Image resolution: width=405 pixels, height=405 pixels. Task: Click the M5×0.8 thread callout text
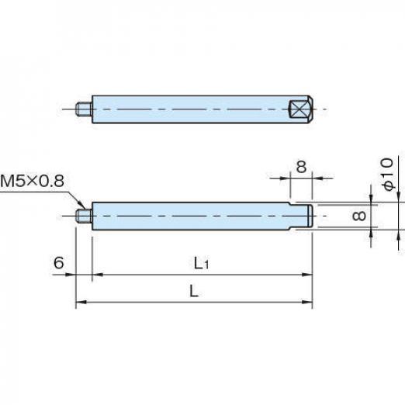click(32, 181)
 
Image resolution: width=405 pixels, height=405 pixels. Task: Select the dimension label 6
click(59, 262)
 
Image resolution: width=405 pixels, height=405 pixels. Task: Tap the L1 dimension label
click(201, 264)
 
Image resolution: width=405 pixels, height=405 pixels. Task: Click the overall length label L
click(194, 291)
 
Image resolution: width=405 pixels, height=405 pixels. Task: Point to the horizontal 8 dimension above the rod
click(301, 167)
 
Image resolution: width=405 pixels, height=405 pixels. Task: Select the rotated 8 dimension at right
click(359, 216)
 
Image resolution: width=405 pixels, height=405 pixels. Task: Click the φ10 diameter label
click(387, 174)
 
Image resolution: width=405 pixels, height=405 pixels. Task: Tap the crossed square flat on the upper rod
click(299, 109)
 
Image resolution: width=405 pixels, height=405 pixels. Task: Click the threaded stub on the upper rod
click(84, 109)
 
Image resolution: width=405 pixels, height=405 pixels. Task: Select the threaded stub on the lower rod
click(84, 216)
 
